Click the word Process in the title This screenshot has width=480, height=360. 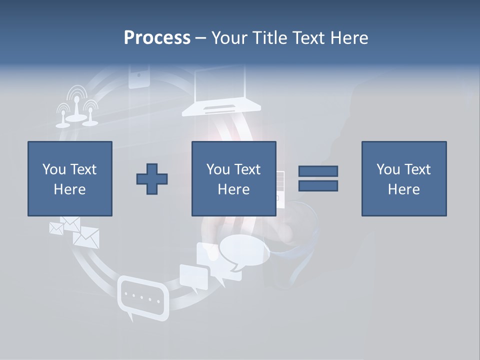coord(157,38)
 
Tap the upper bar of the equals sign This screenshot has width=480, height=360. coord(318,171)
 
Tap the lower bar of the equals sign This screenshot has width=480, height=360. coord(318,186)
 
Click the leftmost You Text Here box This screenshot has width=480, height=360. coord(69,178)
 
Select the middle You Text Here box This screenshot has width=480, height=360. coord(233,178)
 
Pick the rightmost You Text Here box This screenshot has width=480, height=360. coord(403,178)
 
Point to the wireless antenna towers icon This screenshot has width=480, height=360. coord(76,107)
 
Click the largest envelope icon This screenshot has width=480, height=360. coord(86,237)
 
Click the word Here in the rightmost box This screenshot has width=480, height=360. coord(403,189)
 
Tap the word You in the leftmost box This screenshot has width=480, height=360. coord(53,169)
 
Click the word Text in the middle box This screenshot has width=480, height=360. coord(247,169)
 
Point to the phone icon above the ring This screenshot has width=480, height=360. coord(139,76)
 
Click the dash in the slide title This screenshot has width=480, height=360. coord(200,38)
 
